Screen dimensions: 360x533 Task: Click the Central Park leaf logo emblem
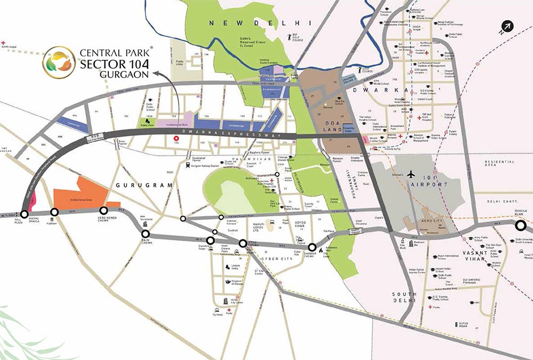tap(59, 62)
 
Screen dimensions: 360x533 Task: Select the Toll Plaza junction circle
tap(24, 214)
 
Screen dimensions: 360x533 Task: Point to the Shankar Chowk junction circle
tap(312, 247)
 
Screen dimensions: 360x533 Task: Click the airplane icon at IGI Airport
tap(411, 175)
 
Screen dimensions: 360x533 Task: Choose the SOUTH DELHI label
tap(403, 298)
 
